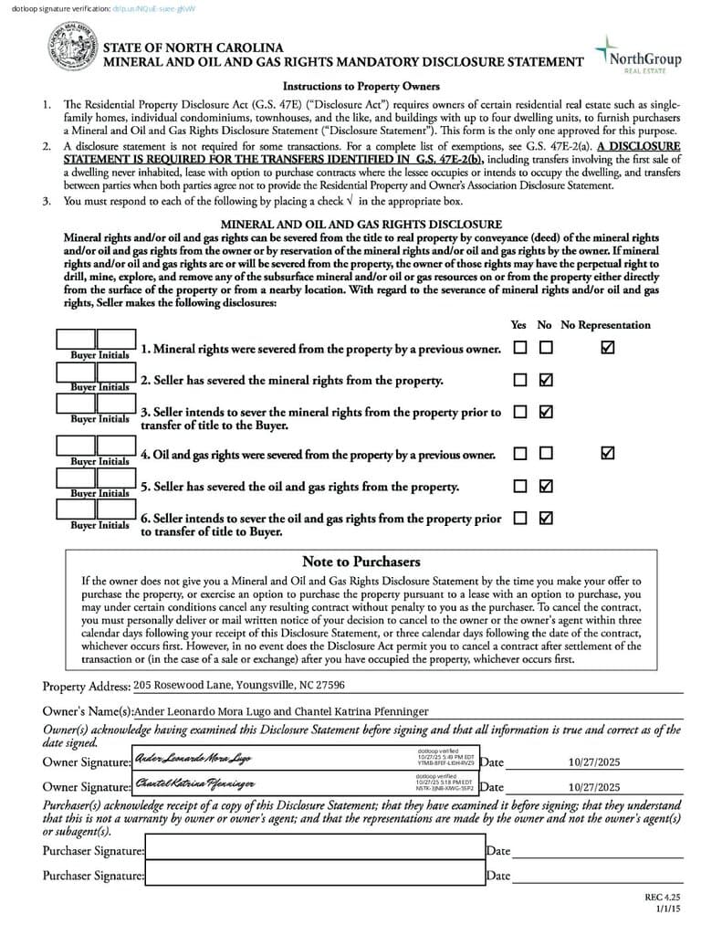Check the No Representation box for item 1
[608, 348]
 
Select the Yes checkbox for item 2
[520, 380]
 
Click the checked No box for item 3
[546, 412]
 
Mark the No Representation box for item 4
[608, 453]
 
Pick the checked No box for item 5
[546, 486]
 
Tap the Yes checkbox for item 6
[520, 518]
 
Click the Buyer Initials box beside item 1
[97, 341]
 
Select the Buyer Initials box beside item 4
[97, 446]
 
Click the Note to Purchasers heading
[361, 562]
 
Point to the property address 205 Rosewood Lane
[238, 685]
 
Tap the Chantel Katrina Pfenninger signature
[194, 783]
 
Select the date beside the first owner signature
[593, 762]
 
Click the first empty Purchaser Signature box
[314, 850]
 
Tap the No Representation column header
[605, 325]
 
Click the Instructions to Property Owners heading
[361, 87]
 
